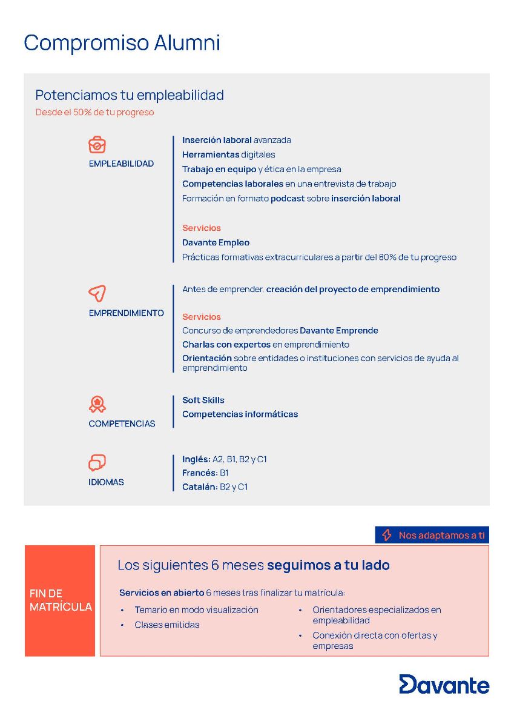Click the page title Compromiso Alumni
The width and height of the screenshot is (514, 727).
point(122,43)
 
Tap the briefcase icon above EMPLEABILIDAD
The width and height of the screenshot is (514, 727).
point(97,145)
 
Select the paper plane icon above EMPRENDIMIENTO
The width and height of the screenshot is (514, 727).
point(97,294)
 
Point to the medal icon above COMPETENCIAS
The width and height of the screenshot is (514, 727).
point(97,404)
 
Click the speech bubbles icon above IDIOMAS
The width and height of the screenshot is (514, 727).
point(97,463)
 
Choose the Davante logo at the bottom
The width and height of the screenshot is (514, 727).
point(444,684)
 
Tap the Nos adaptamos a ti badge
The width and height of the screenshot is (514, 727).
point(432,535)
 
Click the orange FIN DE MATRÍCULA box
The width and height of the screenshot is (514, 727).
point(60,600)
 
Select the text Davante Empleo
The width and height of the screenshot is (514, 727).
point(216,242)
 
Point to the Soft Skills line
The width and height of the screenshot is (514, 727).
point(203,400)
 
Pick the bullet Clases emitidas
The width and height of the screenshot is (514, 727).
point(166,625)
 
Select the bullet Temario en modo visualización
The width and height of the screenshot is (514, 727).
point(196,609)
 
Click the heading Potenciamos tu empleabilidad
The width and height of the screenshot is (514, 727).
point(130,95)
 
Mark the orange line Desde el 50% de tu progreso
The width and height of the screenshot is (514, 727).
point(94,112)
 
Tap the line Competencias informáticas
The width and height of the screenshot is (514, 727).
point(240,414)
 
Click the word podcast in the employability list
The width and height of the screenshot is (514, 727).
point(288,198)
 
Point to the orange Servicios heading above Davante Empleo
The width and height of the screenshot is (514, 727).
point(202,228)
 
